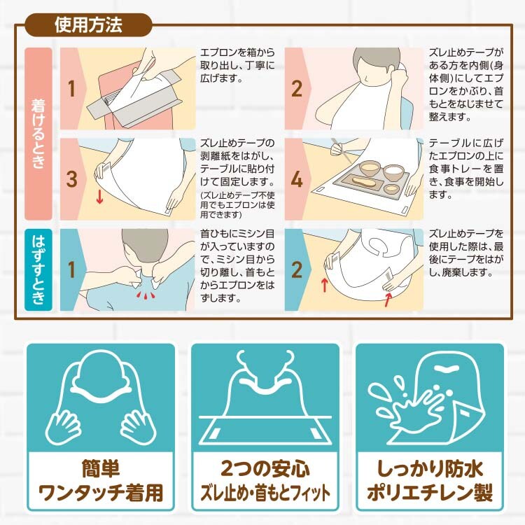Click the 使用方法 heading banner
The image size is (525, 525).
(88, 24)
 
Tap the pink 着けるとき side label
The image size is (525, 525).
(38, 134)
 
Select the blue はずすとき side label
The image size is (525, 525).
(38, 270)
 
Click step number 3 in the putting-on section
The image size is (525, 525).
(71, 179)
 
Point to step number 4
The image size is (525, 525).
(297, 179)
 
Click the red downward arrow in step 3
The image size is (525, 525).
(99, 197)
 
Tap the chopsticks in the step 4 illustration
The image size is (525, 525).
(340, 150)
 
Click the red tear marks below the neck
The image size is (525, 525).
(146, 295)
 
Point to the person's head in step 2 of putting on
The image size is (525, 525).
(377, 64)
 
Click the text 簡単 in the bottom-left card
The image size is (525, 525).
(101, 468)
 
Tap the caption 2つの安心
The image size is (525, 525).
(265, 469)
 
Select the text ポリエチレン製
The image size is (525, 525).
(430, 493)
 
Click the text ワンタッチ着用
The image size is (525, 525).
(101, 493)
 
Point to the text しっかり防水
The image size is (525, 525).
(430, 468)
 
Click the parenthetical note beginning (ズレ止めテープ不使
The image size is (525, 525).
(237, 204)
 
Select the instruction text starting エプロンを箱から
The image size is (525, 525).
(237, 65)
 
